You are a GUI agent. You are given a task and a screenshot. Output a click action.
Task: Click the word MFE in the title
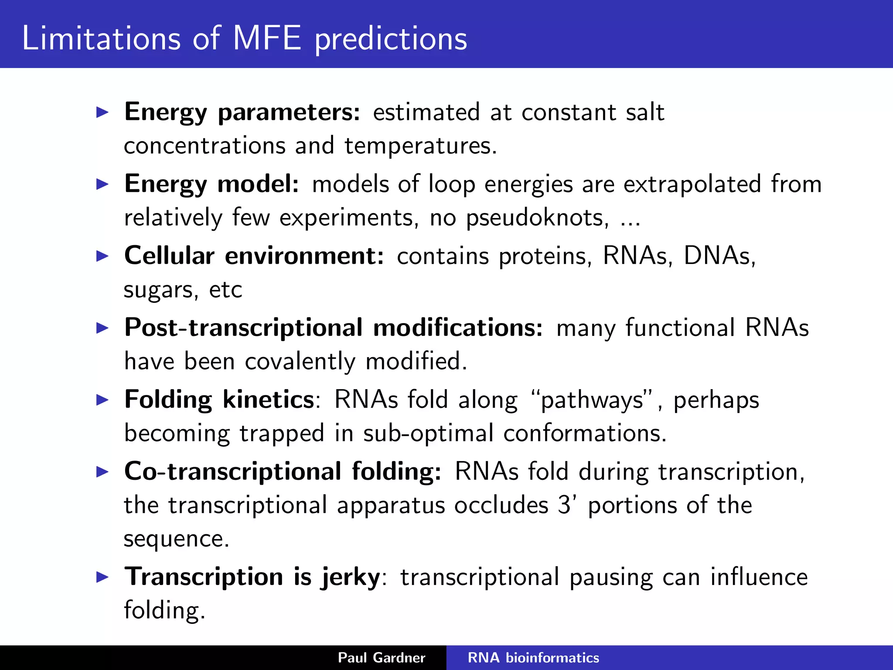pos(267,38)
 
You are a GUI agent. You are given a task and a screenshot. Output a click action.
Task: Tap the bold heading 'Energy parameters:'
pos(242,113)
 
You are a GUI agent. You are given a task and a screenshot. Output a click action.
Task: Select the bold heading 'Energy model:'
pos(212,184)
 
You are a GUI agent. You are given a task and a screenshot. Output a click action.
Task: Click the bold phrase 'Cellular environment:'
pos(254,256)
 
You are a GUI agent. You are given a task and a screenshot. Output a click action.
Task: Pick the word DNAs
pos(719,256)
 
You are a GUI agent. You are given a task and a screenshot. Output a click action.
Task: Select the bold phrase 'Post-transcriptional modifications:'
pos(334,328)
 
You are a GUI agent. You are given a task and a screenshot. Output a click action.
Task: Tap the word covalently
pos(300,362)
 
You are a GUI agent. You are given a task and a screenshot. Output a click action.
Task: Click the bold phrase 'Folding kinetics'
pos(219,400)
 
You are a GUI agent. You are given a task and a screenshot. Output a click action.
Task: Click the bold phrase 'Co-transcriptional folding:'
pos(283,472)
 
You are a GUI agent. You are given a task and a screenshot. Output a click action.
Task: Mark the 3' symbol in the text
pos(567,505)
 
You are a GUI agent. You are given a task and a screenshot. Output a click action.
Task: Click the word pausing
pos(611,578)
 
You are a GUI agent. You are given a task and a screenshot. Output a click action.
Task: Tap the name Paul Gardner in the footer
pos(382,658)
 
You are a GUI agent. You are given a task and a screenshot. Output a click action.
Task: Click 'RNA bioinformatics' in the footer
pos(533,658)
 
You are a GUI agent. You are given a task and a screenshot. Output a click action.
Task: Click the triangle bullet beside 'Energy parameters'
pos(102,113)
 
